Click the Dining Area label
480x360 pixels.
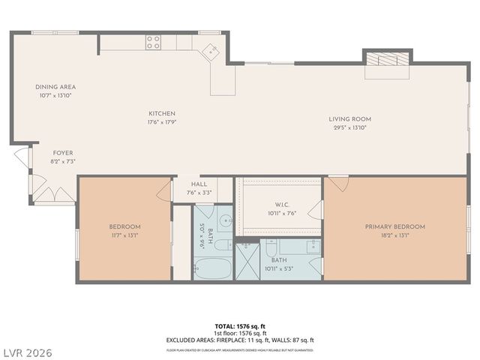(x=55, y=87)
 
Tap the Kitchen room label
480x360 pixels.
(x=161, y=114)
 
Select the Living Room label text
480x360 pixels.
(x=349, y=119)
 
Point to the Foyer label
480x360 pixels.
(x=62, y=153)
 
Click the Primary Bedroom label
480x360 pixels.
(x=394, y=226)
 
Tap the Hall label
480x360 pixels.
(x=199, y=184)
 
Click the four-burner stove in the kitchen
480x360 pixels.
(x=154, y=42)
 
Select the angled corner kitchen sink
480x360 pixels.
(x=211, y=52)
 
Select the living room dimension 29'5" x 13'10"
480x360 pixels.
(x=349, y=127)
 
